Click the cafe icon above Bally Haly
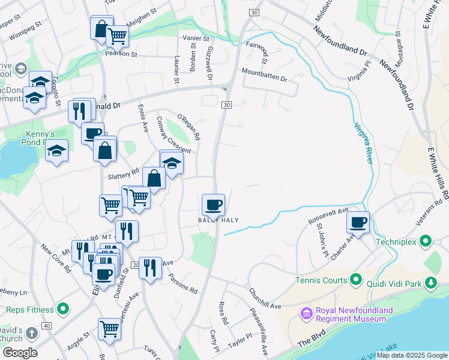point(213,205)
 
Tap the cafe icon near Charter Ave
point(358,222)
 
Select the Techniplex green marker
point(426,242)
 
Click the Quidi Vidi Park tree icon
point(430,282)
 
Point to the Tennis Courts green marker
point(355,280)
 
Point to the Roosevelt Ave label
point(328,217)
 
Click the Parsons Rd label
point(183,284)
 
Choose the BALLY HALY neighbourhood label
point(218,220)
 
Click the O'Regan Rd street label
point(188,127)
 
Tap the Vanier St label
point(195,38)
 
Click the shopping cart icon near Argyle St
point(109,328)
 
